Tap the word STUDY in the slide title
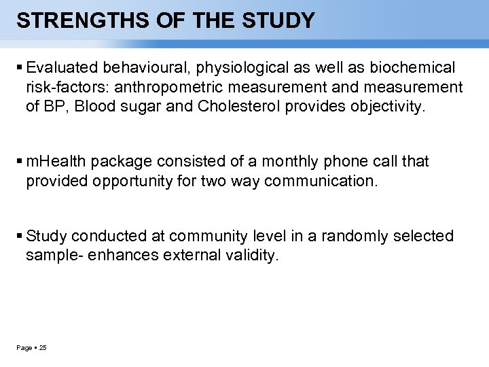[279, 21]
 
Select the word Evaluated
[62, 67]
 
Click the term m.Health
[56, 162]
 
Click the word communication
[320, 181]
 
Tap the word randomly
[352, 236]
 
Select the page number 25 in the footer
[43, 348]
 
